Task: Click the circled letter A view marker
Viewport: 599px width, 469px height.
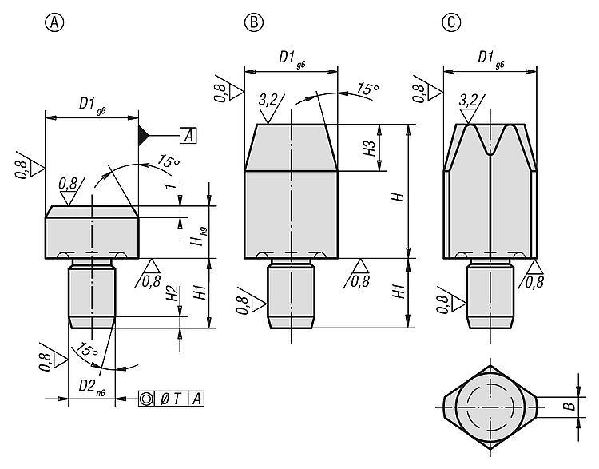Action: tap(54, 22)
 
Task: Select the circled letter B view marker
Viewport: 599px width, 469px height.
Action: tap(254, 22)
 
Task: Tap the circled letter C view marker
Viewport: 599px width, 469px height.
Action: tap(451, 22)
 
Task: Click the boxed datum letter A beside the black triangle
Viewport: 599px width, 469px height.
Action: tap(188, 136)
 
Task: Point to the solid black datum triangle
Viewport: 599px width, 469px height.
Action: tap(143, 136)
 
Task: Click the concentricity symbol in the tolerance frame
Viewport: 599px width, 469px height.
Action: tap(146, 399)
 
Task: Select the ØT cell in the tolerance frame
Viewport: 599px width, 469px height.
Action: tap(171, 399)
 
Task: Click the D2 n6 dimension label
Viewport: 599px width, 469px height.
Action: tap(92, 388)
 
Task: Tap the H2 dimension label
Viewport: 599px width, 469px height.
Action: tap(173, 293)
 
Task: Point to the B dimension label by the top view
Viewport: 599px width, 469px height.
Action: tap(570, 406)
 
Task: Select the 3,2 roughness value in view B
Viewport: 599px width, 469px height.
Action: tap(268, 100)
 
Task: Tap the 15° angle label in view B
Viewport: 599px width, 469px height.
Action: tap(367, 89)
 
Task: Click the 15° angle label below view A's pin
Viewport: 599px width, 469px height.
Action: tap(87, 349)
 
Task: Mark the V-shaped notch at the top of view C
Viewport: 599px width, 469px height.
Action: tap(490, 140)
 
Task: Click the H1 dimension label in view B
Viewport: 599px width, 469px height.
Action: tap(399, 292)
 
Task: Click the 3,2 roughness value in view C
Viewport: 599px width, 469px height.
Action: tap(468, 100)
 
